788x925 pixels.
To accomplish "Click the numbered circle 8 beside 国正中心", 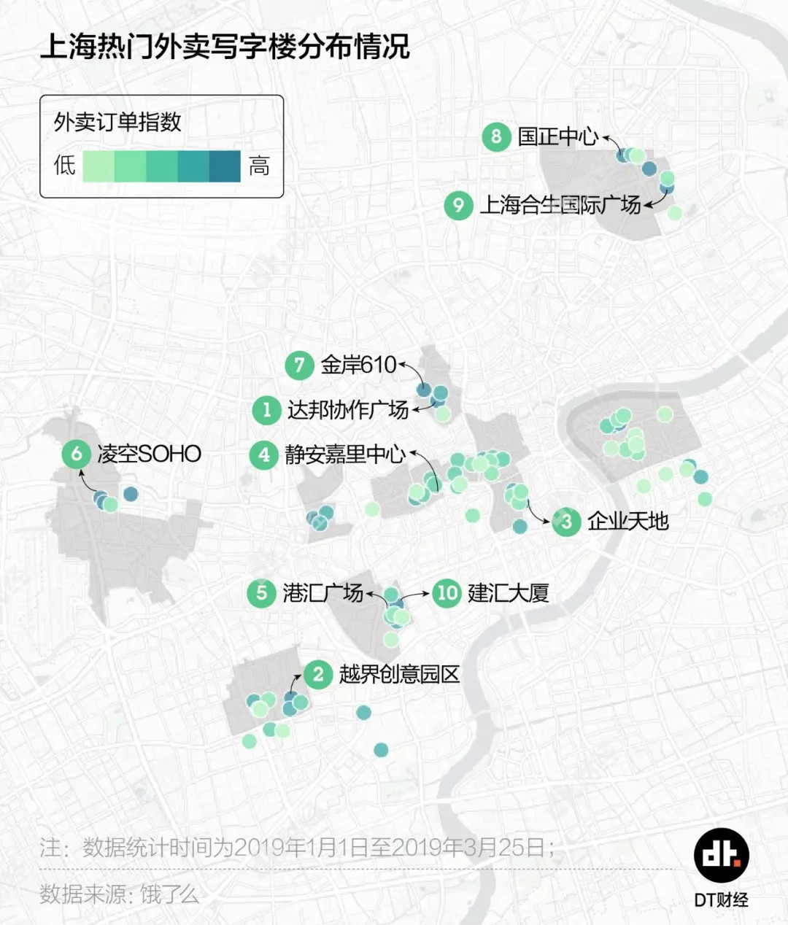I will (496, 136).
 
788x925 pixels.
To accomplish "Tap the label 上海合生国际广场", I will (560, 205).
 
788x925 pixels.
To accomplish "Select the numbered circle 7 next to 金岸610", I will (299, 365).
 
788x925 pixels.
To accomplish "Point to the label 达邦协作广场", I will (347, 410).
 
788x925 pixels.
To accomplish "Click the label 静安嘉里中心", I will (344, 454).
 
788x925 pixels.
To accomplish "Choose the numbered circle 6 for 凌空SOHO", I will (77, 454).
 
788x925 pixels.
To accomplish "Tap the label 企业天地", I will (627, 521).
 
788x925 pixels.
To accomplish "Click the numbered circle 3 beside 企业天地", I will (567, 521).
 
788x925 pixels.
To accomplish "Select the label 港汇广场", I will (322, 592).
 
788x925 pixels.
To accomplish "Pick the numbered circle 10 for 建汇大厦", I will (447, 592).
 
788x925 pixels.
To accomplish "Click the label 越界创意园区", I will (399, 674).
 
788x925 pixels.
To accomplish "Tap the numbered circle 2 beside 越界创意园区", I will (318, 674).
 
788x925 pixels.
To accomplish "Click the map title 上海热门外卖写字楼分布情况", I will (225, 47).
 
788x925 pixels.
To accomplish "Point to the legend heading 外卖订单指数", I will (117, 122).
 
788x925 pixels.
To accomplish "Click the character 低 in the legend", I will (64, 166).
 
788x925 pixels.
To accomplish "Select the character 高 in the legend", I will (259, 166).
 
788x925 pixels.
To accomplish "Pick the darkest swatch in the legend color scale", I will (225, 166).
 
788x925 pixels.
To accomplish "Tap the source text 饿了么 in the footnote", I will (169, 894).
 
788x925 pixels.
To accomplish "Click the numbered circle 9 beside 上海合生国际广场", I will (458, 205).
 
